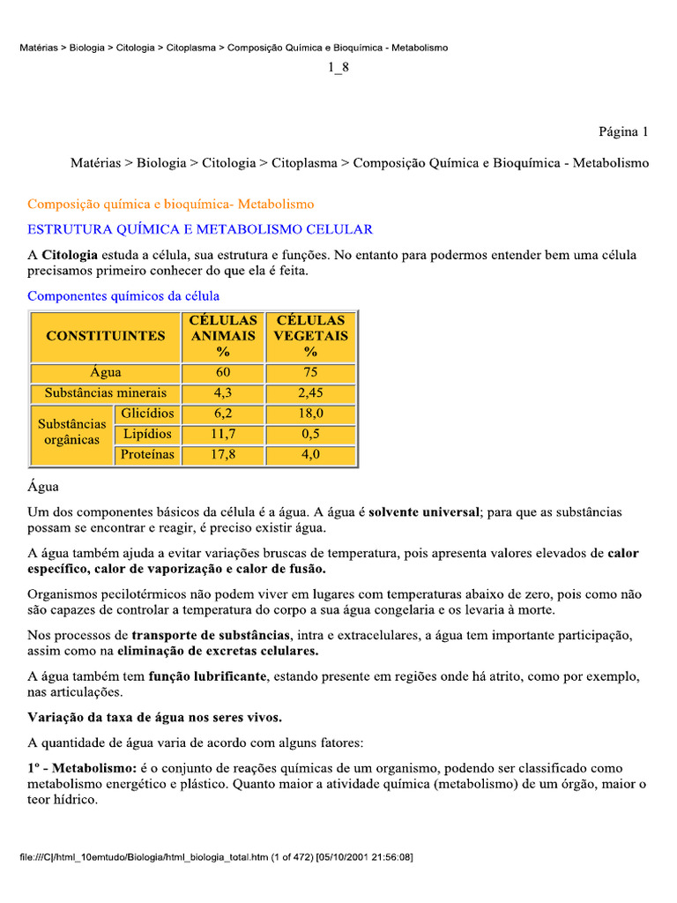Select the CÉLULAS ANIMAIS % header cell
tap(223, 336)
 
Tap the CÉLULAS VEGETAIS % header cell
tap(310, 336)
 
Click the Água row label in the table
tap(106, 373)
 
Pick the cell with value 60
tap(223, 373)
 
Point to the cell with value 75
tap(310, 373)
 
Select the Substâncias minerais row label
tap(106, 393)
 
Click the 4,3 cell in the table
tap(223, 393)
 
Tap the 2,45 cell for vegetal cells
tap(310, 393)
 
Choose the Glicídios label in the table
tap(147, 414)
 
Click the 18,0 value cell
tap(310, 414)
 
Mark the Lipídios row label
tap(147, 434)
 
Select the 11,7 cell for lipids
tap(223, 434)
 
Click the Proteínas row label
tap(147, 455)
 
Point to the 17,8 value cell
tap(223, 455)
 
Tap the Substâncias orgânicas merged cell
tap(72, 433)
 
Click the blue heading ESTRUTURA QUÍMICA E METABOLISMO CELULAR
tap(200, 229)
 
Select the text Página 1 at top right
tap(623, 132)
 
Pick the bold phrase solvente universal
tap(424, 511)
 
